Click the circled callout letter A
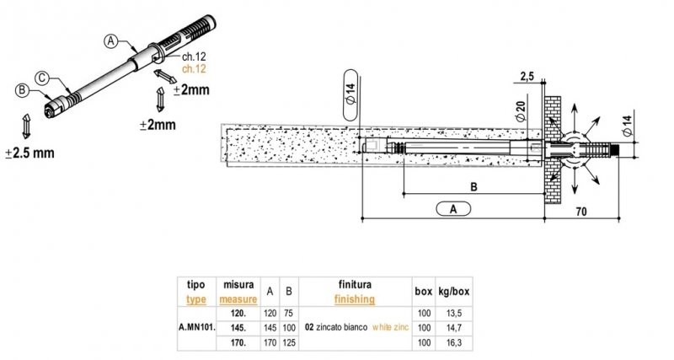click(110, 39)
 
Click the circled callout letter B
click(22, 89)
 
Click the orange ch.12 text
click(193, 67)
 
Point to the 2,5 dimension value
click(528, 77)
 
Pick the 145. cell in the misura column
click(238, 326)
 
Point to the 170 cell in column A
click(270, 341)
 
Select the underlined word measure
click(238, 298)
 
